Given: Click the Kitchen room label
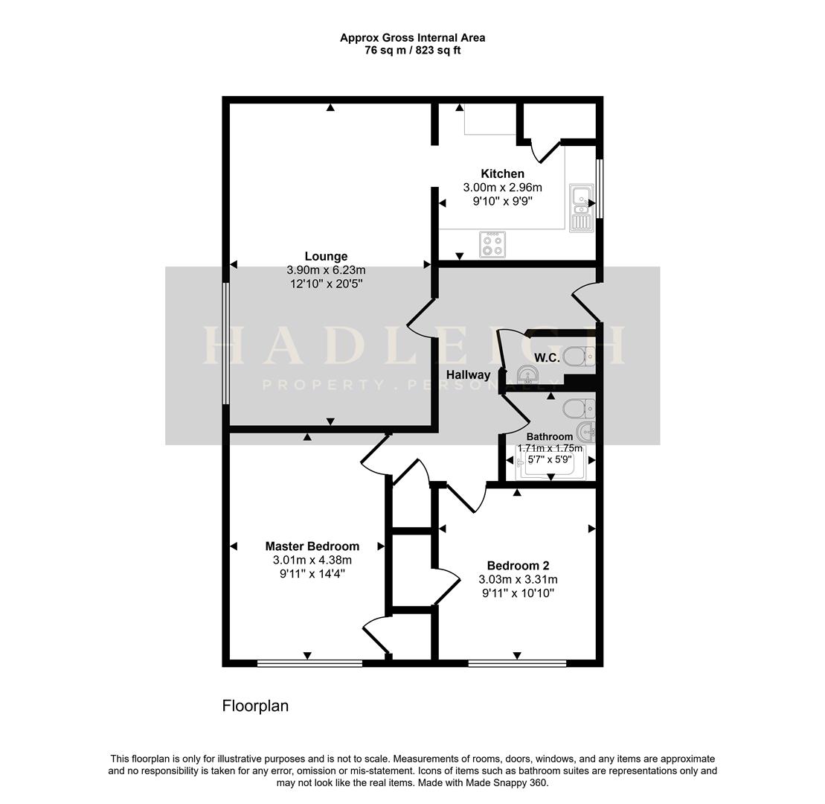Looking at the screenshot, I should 502,173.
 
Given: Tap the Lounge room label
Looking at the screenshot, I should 326,257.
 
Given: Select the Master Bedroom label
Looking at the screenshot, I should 312,546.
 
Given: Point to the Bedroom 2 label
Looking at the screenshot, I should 518,565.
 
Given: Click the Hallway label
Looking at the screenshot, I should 468,374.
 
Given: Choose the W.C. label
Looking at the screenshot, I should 548,358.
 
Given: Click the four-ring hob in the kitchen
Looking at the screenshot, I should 492,245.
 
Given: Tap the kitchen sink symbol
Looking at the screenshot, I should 580,207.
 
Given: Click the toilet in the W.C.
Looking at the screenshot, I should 580,357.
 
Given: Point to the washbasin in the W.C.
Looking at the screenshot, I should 527,375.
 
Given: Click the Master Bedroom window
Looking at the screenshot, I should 309,663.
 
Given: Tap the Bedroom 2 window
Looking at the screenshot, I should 517,663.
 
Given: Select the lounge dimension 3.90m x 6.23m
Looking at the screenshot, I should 326,270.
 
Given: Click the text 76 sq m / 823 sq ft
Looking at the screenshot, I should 412,51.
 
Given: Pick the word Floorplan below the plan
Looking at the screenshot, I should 255,706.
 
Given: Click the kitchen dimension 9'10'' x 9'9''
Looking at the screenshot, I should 502,200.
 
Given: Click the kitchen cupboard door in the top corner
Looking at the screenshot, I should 549,151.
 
